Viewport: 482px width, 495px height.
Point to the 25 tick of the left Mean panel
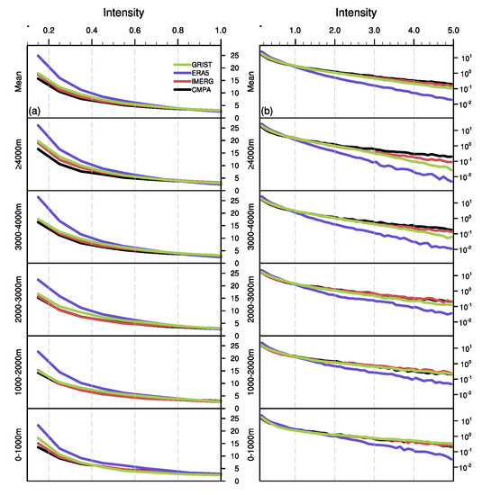pyautogui.click(x=236, y=55)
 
